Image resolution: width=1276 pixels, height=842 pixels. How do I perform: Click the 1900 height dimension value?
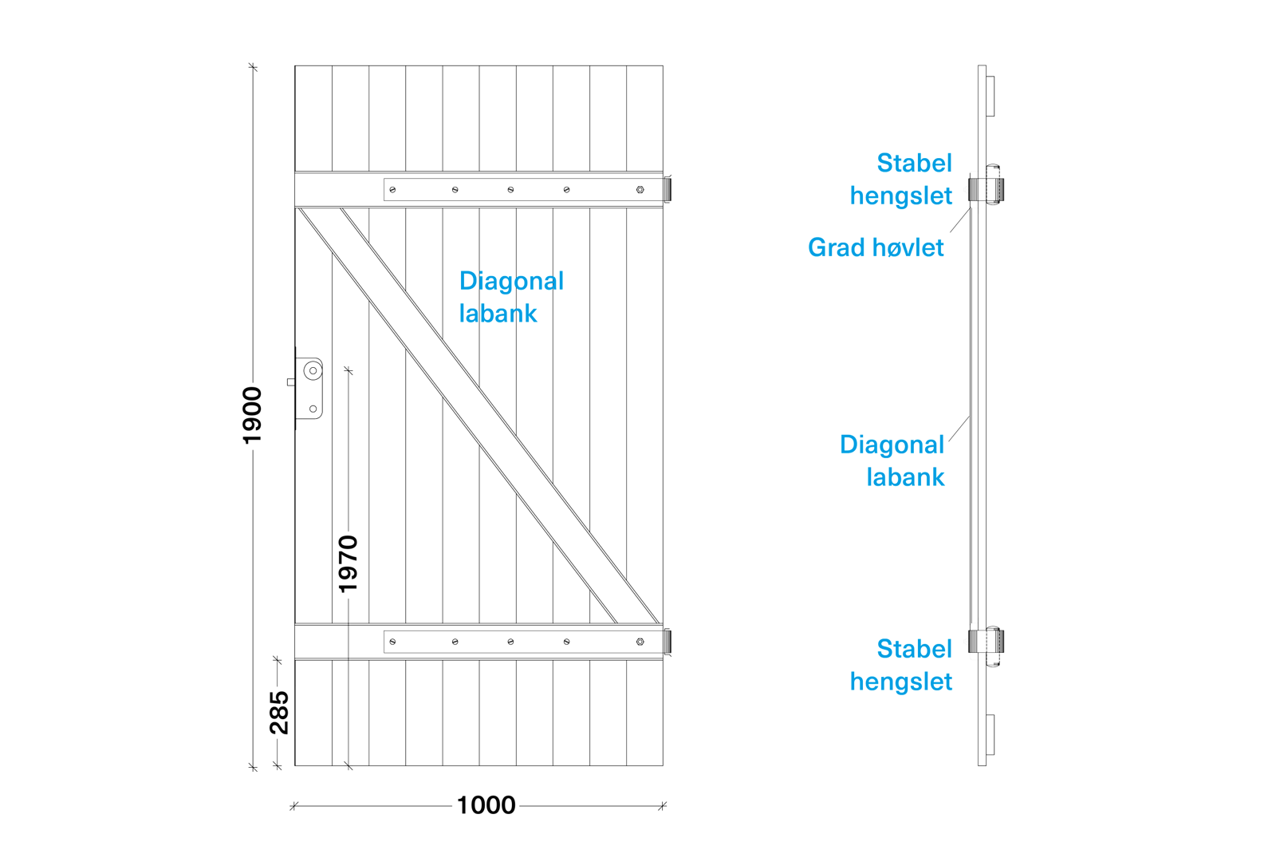253,416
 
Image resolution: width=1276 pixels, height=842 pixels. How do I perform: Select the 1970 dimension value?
349,564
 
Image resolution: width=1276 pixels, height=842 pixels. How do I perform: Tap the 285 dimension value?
279,710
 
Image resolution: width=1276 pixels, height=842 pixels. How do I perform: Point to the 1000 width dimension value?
486,804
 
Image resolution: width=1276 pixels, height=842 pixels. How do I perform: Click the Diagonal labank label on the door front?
510,297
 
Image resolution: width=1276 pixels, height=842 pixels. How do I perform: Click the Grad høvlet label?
876,247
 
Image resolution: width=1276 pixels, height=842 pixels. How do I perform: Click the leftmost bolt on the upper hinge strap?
392,190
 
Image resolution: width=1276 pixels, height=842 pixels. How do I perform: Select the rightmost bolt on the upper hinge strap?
640,190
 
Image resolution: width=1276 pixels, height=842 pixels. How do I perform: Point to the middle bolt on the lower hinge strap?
510,642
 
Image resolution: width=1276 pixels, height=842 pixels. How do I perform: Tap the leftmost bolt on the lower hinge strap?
392,642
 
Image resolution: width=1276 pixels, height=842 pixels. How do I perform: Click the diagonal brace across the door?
478,415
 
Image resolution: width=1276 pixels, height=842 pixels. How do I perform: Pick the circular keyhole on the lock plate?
313,370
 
